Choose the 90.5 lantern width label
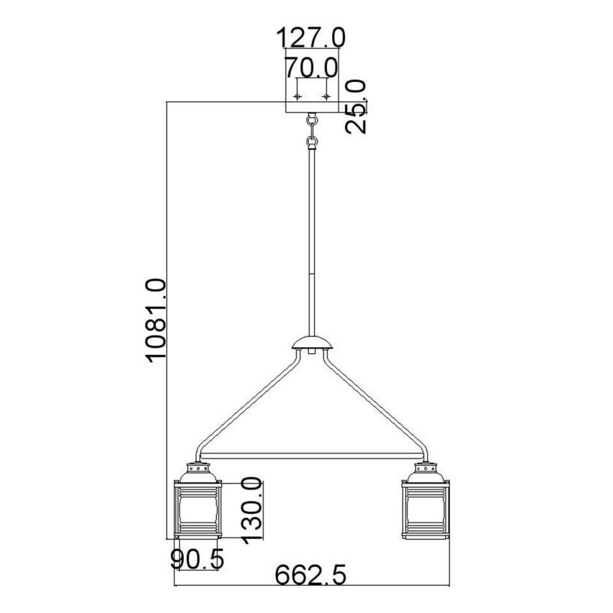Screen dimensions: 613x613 click(197, 560)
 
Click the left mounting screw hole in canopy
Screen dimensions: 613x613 click(298, 96)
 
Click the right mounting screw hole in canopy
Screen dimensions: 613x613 click(326, 96)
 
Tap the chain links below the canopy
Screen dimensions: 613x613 click(312, 131)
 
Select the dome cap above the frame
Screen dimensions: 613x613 click(312, 345)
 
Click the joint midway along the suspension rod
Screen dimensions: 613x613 click(312, 273)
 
